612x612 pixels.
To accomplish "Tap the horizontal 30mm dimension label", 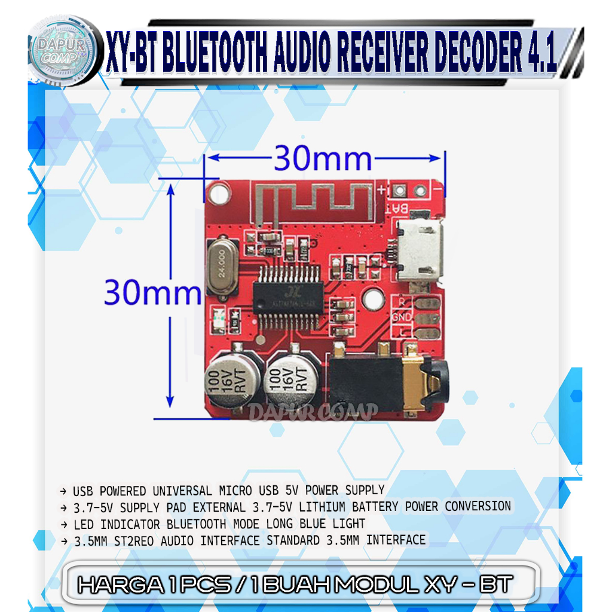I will pyautogui.click(x=323, y=160).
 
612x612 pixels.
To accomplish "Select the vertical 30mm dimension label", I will pyautogui.click(x=152, y=292).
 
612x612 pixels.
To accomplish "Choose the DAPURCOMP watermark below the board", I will pyautogui.click(x=313, y=412).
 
